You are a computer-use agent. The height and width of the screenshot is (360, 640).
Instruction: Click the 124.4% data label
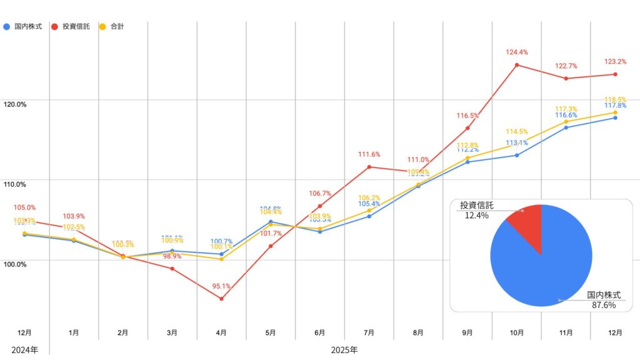click(x=516, y=52)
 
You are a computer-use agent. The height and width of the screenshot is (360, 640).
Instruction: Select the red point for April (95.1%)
click(x=221, y=299)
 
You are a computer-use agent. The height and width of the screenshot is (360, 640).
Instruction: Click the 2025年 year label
click(x=344, y=349)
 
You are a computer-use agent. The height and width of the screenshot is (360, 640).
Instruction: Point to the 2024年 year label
click(x=24, y=349)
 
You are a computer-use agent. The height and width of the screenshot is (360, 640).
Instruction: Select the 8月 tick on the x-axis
click(x=418, y=333)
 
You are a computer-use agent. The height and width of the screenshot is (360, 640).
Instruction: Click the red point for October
click(x=517, y=65)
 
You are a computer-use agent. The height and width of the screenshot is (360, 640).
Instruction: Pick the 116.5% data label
click(x=467, y=116)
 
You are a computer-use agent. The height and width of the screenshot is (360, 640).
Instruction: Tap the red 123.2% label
click(x=614, y=62)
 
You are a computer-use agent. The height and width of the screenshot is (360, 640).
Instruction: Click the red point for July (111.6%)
click(x=369, y=167)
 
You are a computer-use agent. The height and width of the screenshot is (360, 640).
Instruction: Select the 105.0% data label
click(x=24, y=207)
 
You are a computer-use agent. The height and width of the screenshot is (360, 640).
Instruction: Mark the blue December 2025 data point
click(x=615, y=117)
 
